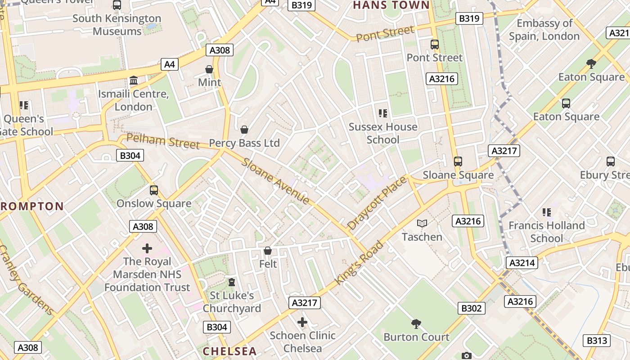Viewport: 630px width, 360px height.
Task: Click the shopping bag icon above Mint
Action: pyautogui.click(x=209, y=69)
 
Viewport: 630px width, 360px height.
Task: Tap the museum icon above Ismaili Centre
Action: pyautogui.click(x=134, y=81)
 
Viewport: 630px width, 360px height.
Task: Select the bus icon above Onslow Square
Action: pyautogui.click(x=154, y=190)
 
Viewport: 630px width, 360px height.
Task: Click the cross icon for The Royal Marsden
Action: pyautogui.click(x=147, y=248)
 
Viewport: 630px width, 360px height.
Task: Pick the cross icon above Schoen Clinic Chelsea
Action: pyautogui.click(x=302, y=322)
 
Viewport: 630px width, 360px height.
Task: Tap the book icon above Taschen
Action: pyautogui.click(x=422, y=224)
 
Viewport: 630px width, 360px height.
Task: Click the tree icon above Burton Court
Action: pyautogui.click(x=416, y=324)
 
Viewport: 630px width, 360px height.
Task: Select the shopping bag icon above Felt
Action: pyautogui.click(x=268, y=251)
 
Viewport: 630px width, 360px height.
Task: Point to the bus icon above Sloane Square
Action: pyautogui.click(x=458, y=162)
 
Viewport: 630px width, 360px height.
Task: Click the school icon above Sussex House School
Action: pyautogui.click(x=383, y=113)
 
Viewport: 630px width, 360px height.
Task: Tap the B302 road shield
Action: pyautogui.click(x=472, y=308)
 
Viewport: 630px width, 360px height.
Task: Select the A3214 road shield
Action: pyautogui.click(x=522, y=263)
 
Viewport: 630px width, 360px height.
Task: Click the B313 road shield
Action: pyautogui.click(x=597, y=341)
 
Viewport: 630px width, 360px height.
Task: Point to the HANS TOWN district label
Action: pyautogui.click(x=391, y=5)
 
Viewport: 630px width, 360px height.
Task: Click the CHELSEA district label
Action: pyautogui.click(x=229, y=351)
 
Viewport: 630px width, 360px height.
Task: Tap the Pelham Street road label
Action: pyautogui.click(x=163, y=141)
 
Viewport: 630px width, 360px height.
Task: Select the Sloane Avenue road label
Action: pyautogui.click(x=275, y=181)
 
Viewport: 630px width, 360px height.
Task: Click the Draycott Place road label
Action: pyautogui.click(x=377, y=203)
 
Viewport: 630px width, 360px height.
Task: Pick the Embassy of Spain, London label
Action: pyautogui.click(x=544, y=30)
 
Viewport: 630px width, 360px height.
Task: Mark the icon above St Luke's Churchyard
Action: pyautogui.click(x=232, y=282)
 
